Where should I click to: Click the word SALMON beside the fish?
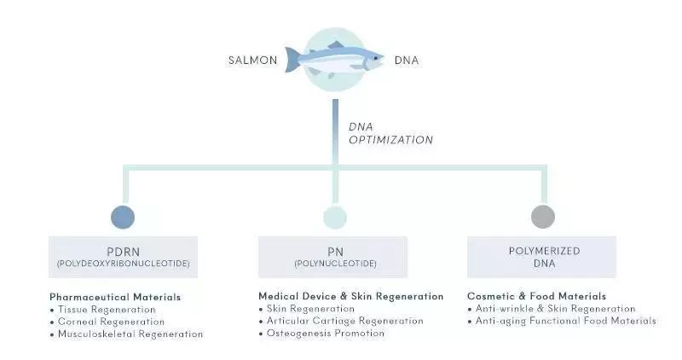click(253, 61)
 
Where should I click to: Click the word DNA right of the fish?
click(407, 61)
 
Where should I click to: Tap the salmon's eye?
click(374, 57)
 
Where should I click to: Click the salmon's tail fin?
click(293, 61)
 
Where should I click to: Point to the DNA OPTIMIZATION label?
click(390, 133)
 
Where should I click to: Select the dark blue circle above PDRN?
click(123, 217)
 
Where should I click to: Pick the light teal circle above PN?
click(335, 217)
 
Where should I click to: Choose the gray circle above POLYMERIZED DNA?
click(543, 217)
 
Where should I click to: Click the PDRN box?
click(123, 257)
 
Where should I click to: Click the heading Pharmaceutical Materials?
click(114, 297)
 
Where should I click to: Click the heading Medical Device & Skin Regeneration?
click(350, 296)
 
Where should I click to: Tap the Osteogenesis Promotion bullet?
click(325, 334)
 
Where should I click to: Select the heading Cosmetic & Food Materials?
click(536, 296)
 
